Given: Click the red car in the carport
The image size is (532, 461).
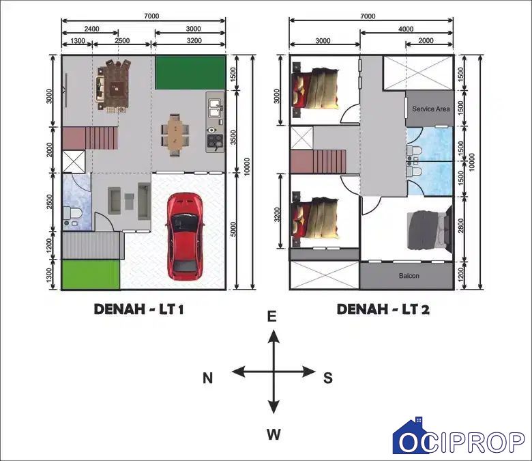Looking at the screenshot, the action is [x=185, y=236].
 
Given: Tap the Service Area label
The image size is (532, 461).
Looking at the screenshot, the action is [x=431, y=109].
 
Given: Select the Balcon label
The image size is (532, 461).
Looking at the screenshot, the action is [x=409, y=276].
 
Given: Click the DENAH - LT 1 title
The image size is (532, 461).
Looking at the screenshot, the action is [x=138, y=309].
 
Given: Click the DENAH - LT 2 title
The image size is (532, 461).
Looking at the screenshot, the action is [x=383, y=309].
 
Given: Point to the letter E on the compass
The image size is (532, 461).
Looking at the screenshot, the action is [x=271, y=317].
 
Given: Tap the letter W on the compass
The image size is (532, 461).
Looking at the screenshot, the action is [x=274, y=434].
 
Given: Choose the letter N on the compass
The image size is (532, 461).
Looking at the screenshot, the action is [x=207, y=378].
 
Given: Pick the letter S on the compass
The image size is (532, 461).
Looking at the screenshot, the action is [x=328, y=378].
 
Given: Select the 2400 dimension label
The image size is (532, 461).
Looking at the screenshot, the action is [x=91, y=29].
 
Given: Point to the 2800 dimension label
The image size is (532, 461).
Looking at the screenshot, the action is [x=460, y=226].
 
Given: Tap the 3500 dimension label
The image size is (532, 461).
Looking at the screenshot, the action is [x=233, y=137].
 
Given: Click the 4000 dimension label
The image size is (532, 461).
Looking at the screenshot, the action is [x=406, y=29].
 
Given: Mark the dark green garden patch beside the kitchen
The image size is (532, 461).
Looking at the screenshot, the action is [x=190, y=72].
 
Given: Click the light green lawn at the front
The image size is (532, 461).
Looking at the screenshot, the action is [x=91, y=275].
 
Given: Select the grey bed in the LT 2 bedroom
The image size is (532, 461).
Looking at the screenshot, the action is [x=429, y=229].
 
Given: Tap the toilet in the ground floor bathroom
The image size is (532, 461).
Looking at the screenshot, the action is [x=72, y=213].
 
